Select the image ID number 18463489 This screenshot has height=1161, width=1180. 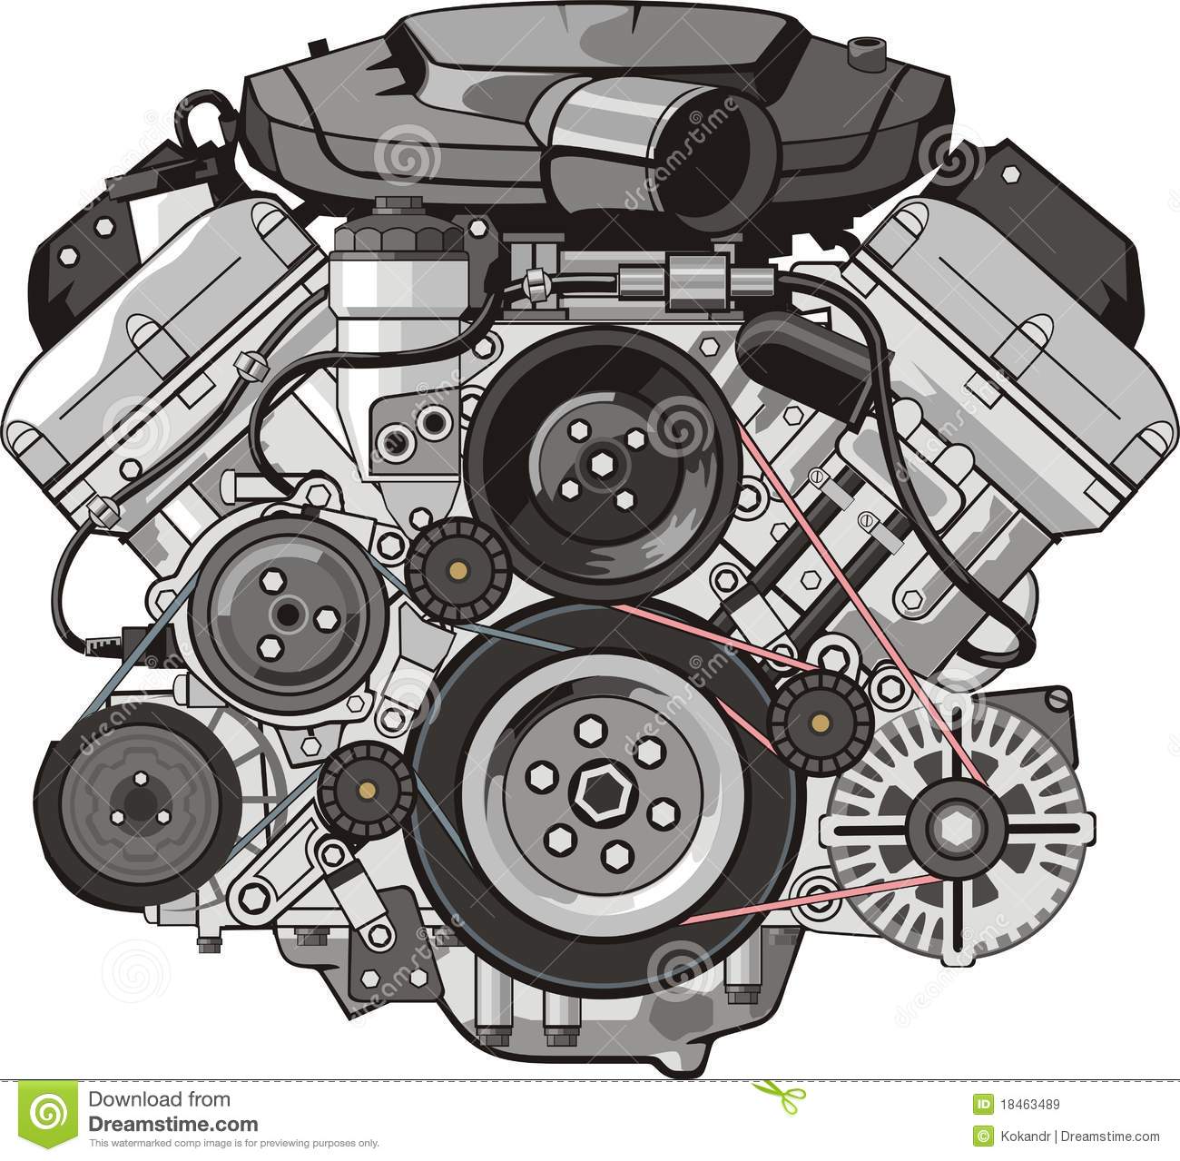pyautogui.click(x=1019, y=1106)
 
